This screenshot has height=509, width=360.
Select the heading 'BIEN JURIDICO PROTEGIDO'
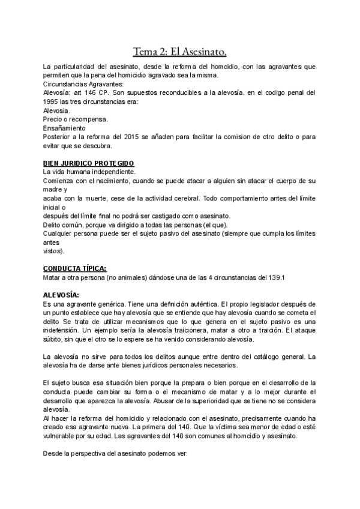click(x=89, y=163)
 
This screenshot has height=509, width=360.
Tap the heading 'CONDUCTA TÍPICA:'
click(x=76, y=268)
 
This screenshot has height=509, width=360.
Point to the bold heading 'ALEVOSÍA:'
click(x=61, y=295)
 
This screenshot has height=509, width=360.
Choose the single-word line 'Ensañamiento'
click(x=65, y=128)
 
